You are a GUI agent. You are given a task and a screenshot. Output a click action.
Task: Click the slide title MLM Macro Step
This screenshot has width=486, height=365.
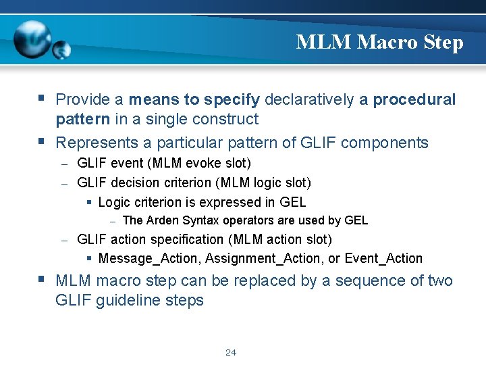click(379, 43)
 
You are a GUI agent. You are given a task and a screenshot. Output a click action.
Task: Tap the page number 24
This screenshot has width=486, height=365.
click(231, 352)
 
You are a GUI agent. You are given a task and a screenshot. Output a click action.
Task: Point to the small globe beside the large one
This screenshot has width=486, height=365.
click(61, 50)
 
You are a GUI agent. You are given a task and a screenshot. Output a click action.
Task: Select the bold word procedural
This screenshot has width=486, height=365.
click(414, 99)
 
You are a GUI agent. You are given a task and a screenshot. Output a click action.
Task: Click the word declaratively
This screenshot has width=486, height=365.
click(308, 99)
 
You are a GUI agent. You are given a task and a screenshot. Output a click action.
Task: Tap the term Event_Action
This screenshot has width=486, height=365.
click(383, 258)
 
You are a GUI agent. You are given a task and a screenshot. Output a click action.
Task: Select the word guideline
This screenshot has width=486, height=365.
click(127, 300)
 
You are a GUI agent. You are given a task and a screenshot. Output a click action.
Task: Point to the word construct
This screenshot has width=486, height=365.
click(225, 119)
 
